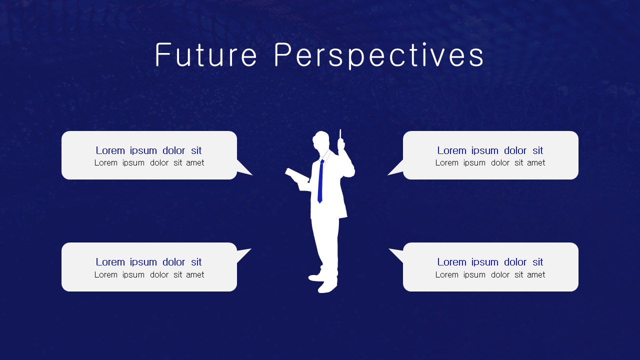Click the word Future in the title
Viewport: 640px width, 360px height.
(x=206, y=55)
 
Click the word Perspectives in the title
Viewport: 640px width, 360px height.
(x=379, y=55)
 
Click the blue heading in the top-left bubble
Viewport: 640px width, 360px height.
(x=148, y=150)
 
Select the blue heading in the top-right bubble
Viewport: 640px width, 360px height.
(x=490, y=150)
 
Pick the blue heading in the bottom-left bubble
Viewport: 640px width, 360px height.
(x=148, y=262)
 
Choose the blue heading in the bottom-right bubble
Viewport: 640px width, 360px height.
(x=490, y=262)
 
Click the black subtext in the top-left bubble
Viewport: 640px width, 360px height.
(x=149, y=163)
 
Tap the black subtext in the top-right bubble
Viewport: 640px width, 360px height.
(x=490, y=163)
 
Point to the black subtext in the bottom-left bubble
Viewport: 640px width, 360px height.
(x=149, y=274)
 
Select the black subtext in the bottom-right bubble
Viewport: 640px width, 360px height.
(x=490, y=274)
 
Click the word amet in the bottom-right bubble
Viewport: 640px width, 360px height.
(x=535, y=274)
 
